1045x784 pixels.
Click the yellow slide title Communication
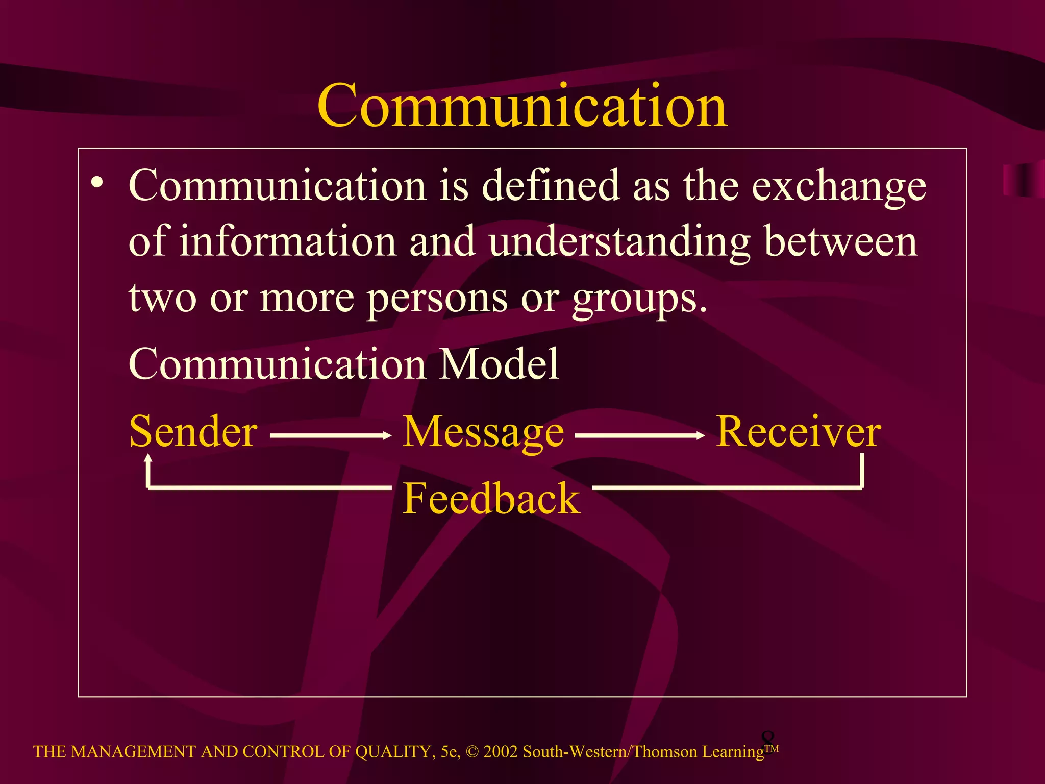tap(522, 106)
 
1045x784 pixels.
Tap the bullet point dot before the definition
tap(97, 182)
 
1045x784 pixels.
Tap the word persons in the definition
tap(437, 299)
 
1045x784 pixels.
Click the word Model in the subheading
tap(499, 364)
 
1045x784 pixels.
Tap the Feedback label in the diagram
tap(491, 499)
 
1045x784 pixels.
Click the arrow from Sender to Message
tap(330, 435)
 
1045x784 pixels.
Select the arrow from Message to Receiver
tap(640, 435)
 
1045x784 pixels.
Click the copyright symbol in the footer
tap(472, 752)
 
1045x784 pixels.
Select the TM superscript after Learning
tap(772, 748)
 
